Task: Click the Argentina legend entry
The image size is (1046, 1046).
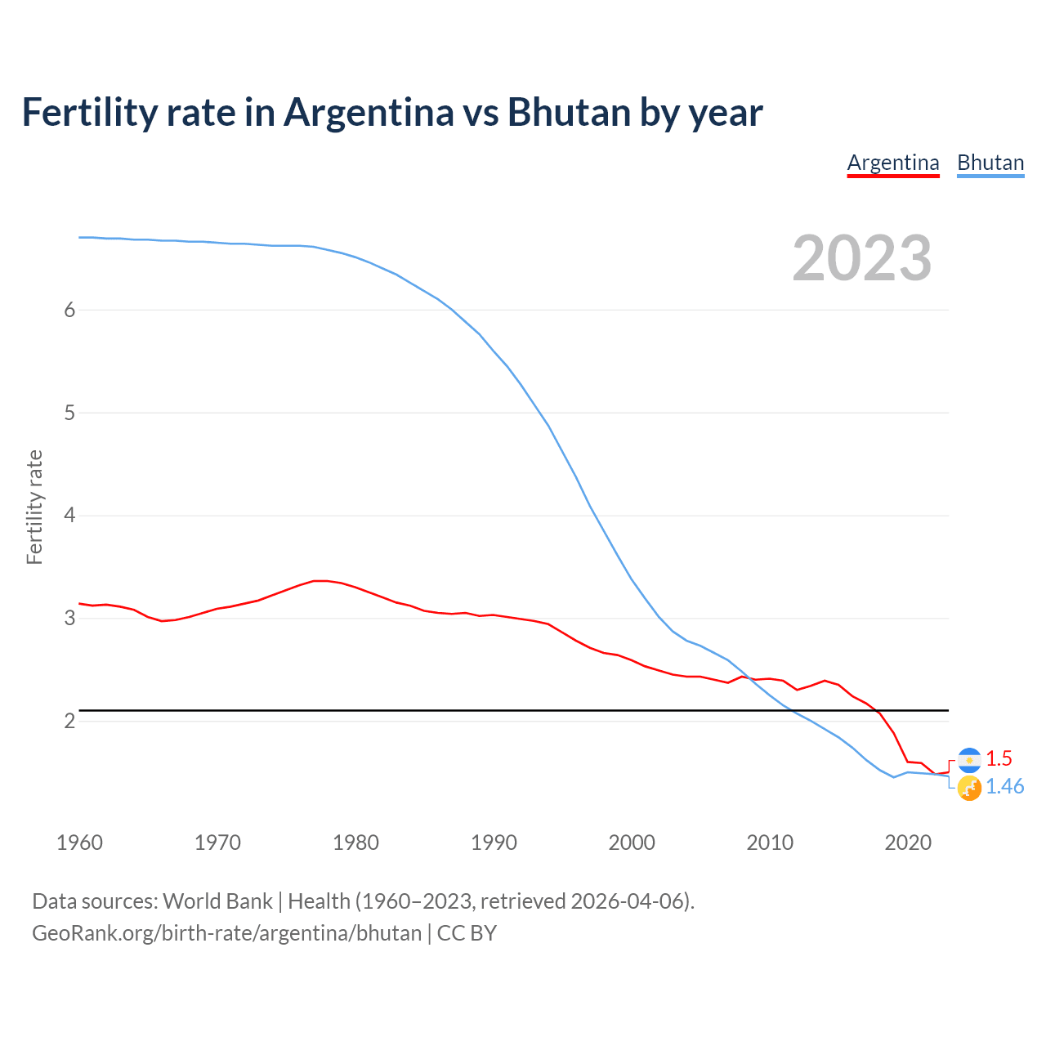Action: [893, 163]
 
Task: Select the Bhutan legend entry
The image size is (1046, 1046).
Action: [990, 163]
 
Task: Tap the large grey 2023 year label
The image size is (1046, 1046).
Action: [861, 258]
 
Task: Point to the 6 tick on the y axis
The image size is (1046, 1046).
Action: [69, 310]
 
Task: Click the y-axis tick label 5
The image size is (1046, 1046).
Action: [69, 413]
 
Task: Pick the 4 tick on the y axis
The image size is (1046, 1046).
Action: [69, 516]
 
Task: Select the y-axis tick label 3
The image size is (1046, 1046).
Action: [69, 619]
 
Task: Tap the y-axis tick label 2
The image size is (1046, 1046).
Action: [69, 721]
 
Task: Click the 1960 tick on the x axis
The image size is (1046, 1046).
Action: [79, 843]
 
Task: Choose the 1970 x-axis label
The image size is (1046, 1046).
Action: [217, 843]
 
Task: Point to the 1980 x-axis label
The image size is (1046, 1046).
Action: [355, 843]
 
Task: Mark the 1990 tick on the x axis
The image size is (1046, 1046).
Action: [494, 843]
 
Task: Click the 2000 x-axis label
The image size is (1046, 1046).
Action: [632, 843]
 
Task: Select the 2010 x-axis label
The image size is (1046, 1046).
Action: [770, 843]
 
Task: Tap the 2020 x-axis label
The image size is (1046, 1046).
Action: [908, 843]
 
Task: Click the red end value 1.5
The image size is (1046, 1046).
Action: [999, 758]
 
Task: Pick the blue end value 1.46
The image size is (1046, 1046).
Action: [1004, 786]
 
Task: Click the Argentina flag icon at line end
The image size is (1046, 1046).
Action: [969, 760]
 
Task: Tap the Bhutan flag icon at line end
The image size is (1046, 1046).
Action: [969, 789]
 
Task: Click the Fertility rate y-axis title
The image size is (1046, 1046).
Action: [34, 507]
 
